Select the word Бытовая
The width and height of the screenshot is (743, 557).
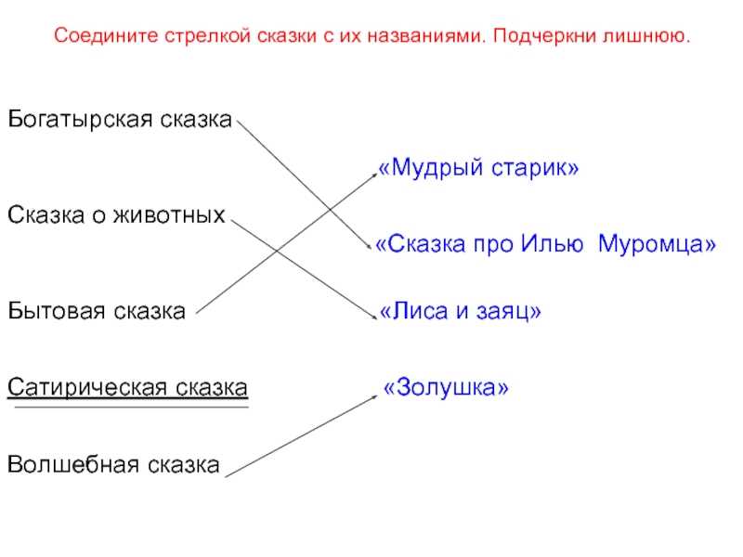pos(57,311)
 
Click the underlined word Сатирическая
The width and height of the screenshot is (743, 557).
pos(87,387)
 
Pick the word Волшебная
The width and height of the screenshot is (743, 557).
pos(73,464)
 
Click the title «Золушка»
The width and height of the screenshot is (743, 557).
pos(446,387)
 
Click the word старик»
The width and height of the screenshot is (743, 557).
pos(535,168)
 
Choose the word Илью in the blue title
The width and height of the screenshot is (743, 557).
pos(552,244)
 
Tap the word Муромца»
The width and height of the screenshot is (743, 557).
pos(657,244)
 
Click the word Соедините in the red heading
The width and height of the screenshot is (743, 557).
pos(106,36)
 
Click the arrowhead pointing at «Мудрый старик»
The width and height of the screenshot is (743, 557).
pos(373,175)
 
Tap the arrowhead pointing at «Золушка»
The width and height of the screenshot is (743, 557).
pos(373,397)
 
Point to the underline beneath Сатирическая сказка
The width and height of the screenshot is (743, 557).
pos(131,407)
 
